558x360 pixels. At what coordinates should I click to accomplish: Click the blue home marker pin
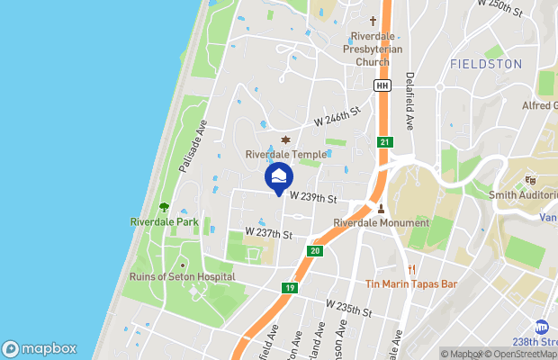(280, 177)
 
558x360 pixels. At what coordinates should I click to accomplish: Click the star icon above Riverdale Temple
(286, 139)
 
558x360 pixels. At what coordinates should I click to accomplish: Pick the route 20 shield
(314, 251)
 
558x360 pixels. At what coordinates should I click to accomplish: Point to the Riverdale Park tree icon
(164, 207)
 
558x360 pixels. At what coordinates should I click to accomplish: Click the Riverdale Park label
(164, 221)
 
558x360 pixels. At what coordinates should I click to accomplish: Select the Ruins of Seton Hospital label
(183, 277)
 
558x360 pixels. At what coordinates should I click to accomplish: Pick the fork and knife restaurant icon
(410, 269)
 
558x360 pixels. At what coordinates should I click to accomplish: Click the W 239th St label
(313, 198)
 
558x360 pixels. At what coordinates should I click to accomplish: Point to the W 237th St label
(269, 234)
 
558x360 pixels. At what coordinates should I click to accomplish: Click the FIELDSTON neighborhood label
(483, 65)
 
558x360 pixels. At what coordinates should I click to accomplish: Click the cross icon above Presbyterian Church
(373, 21)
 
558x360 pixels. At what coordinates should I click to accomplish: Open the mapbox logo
(39, 348)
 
